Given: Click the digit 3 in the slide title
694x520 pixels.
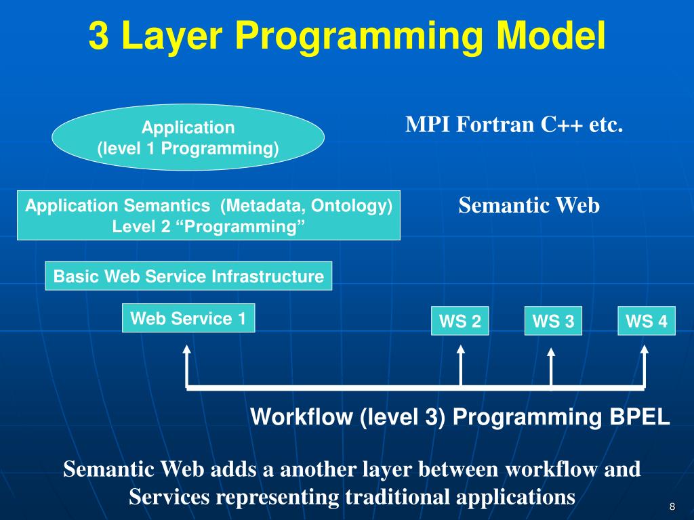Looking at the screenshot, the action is pos(99,36).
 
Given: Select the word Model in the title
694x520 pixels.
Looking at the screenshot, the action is pos(550,35).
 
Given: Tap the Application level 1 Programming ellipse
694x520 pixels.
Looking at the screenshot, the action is pos(188,137).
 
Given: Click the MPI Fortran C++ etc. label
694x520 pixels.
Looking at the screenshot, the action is pos(514,125).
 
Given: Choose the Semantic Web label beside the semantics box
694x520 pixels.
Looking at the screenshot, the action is pos(529,205).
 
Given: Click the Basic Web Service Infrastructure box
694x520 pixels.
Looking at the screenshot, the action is pos(188,276).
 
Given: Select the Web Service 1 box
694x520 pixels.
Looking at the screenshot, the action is pos(188,318).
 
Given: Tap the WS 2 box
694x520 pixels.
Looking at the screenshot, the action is pos(460,320).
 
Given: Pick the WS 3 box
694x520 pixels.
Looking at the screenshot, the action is pos(553,320).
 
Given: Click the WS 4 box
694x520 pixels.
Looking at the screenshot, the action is pos(647,320).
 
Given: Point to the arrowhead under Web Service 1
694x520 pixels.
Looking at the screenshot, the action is pos(187,349).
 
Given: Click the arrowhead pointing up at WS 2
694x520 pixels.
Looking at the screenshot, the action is pos(461,349).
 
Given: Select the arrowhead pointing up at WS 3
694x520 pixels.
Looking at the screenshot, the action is pos(551,352).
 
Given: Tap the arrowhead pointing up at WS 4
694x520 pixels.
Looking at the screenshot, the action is pos(645,349).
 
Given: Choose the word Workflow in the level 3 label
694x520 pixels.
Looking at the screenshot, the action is pos(301,416).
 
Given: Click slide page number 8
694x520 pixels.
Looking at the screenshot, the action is pos(672,506).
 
